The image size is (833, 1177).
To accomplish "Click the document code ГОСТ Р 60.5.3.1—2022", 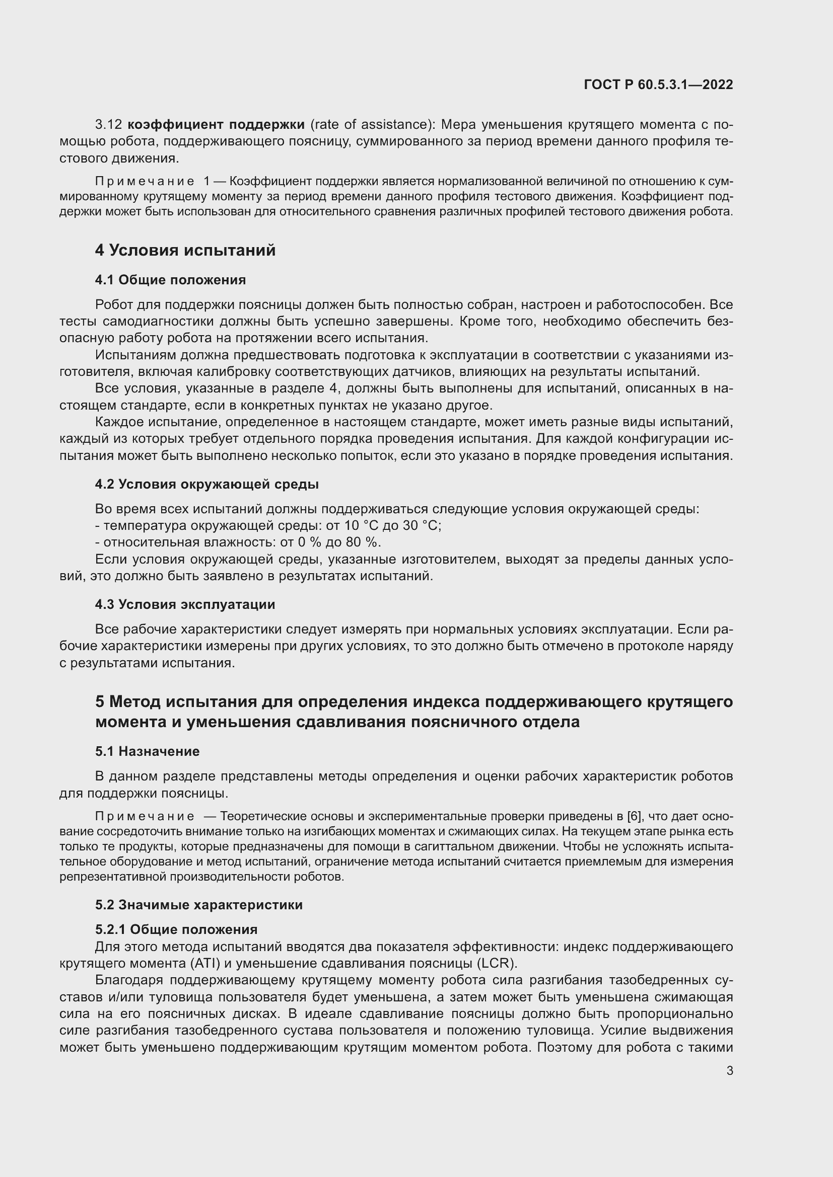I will pyautogui.click(x=658, y=85).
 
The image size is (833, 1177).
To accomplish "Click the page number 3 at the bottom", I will pyautogui.click(x=729, y=1071).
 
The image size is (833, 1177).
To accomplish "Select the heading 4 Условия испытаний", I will pyautogui.click(x=185, y=250).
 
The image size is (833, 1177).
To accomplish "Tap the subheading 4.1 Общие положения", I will pyautogui.click(x=170, y=280).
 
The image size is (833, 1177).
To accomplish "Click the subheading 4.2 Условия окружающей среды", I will pyautogui.click(x=206, y=485).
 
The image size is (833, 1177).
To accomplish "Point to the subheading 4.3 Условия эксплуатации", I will pyautogui.click(x=185, y=604).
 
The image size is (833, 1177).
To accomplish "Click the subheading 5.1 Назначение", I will pyautogui.click(x=147, y=751).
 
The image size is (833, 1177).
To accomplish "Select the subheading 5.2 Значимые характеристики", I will pyautogui.click(x=198, y=905).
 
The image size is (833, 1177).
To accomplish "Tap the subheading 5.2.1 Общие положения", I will pyautogui.click(x=176, y=929).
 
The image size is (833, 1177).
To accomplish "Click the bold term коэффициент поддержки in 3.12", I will pyautogui.click(x=216, y=125).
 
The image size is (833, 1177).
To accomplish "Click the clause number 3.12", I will pyautogui.click(x=108, y=125).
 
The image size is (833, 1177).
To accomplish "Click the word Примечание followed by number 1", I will pyautogui.click(x=145, y=182).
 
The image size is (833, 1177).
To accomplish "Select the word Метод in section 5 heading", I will pyautogui.click(x=135, y=702).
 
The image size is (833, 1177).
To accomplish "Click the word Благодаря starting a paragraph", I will pyautogui.click(x=129, y=980).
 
